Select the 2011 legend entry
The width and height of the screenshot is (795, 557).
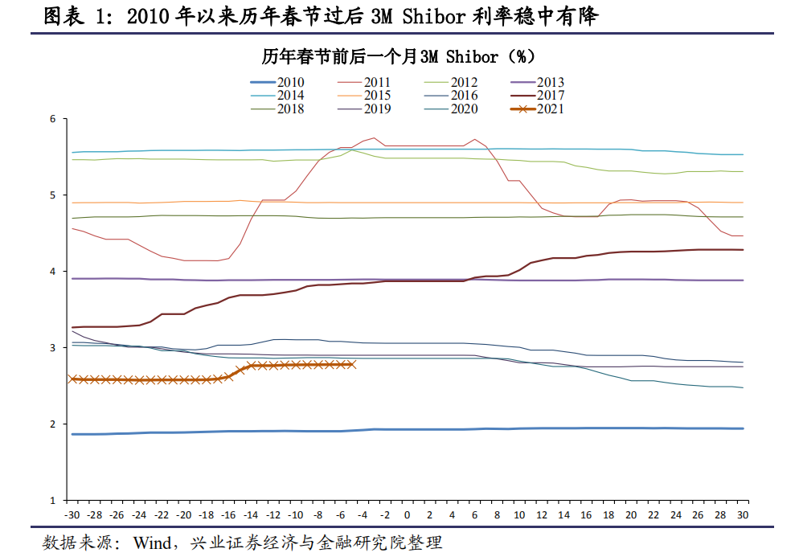[377, 82]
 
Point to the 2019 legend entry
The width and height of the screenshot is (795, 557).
[377, 109]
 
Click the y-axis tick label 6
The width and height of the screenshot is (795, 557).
[52, 119]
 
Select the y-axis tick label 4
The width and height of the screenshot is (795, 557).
[52, 272]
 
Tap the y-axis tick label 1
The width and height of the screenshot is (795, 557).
[52, 501]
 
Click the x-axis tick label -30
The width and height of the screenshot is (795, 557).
[72, 514]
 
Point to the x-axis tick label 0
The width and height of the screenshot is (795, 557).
[407, 514]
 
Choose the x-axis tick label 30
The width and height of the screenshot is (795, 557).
[743, 514]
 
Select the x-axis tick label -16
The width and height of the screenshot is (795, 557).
[228, 514]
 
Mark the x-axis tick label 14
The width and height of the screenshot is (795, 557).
[563, 514]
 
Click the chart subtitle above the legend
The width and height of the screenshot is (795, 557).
[398, 57]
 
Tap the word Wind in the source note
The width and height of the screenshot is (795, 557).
[151, 543]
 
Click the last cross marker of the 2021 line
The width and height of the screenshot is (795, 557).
[351, 364]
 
